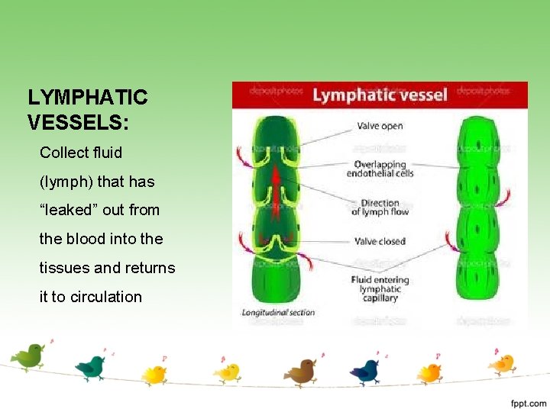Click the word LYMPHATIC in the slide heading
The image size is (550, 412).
(87, 98)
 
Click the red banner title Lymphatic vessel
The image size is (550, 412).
(380, 94)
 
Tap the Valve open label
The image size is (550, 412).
(378, 126)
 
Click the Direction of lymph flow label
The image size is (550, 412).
(380, 207)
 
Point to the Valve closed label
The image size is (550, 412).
(380, 241)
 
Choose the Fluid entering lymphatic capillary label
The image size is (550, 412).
(380, 289)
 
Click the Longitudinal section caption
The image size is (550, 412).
(278, 313)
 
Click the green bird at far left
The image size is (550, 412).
(29, 355)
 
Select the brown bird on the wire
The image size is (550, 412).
(301, 372)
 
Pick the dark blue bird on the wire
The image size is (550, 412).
(365, 371)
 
